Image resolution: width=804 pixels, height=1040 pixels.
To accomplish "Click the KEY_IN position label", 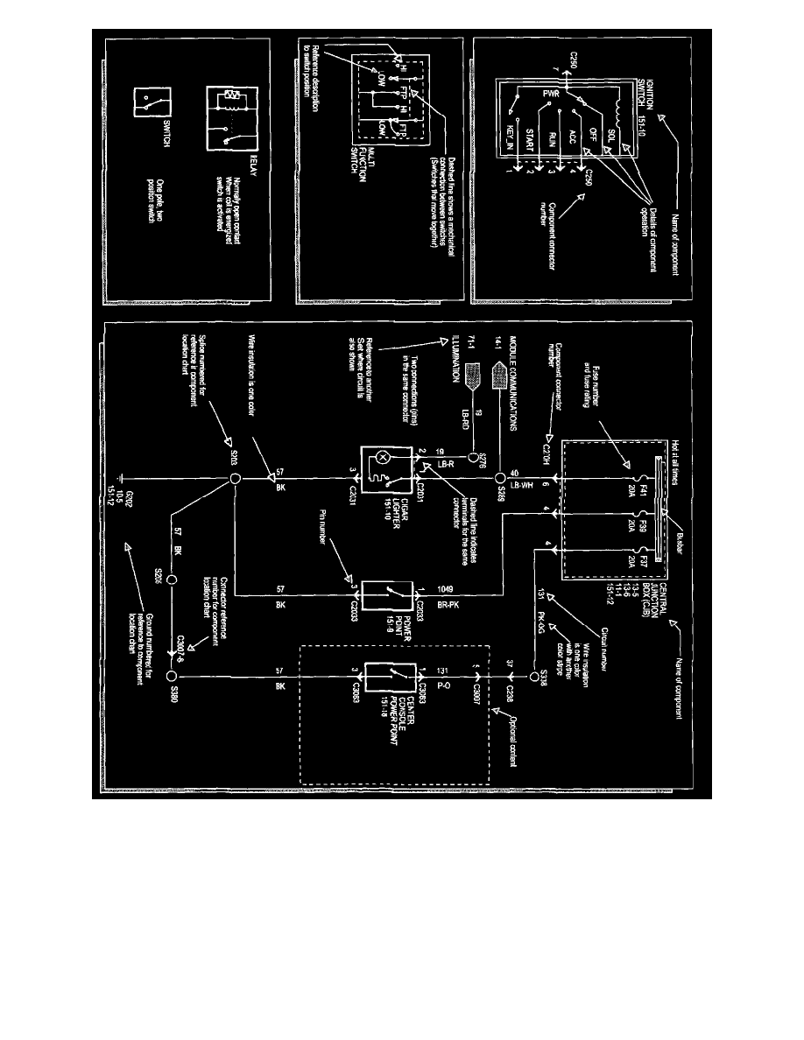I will click(509, 142).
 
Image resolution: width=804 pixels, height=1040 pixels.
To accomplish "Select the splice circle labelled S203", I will click(235, 480).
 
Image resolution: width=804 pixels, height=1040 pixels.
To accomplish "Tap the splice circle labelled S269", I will click(500, 479).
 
